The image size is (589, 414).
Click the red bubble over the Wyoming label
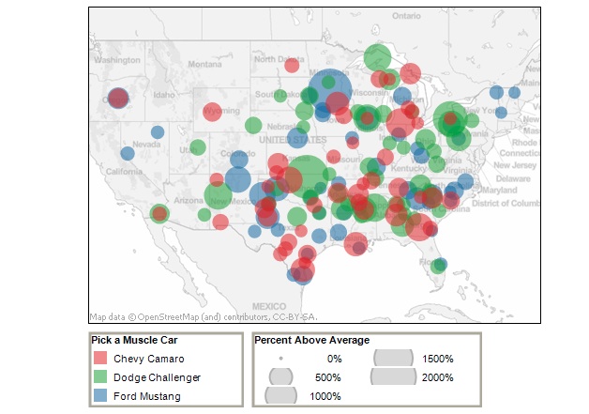pos(213,112)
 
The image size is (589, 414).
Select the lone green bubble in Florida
pos(439,265)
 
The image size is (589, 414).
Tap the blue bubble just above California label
pos(127,153)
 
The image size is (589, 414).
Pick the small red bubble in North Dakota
pos(291,66)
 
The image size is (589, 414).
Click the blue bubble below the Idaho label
pos(157,131)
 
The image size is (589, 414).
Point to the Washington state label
pos(116,59)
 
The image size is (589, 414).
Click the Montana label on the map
pos(204,64)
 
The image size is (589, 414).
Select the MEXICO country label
pos(267,306)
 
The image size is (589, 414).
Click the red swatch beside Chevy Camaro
pos(99,358)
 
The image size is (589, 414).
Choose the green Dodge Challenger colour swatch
pos(99,376)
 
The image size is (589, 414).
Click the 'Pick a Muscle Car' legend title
pos(134,340)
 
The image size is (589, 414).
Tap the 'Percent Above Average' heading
pos(311,340)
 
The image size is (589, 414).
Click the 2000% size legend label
pos(437,376)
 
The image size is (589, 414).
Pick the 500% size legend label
pos(326,376)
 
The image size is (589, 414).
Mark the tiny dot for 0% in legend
pos(281,359)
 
